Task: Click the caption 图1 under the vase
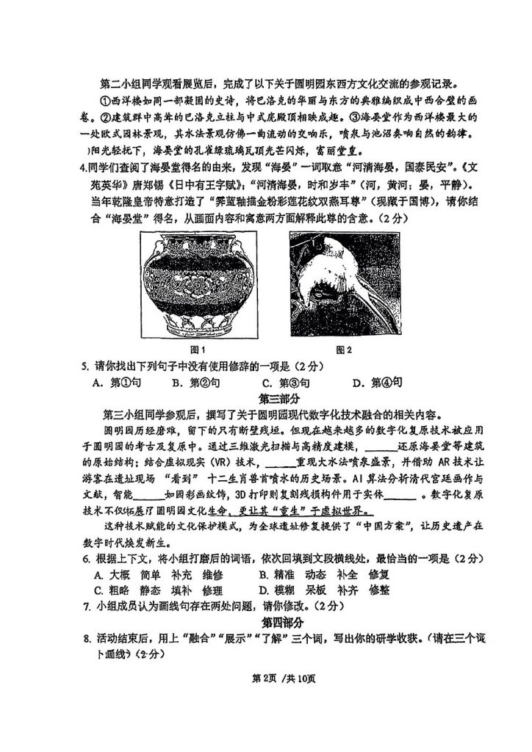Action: click(x=197, y=349)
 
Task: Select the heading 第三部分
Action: click(x=280, y=398)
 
